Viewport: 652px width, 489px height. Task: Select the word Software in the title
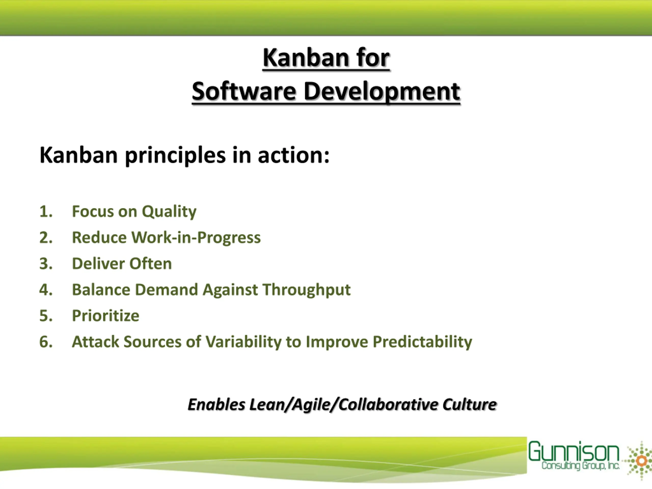pos(244,91)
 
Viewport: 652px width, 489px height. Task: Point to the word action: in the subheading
pos(294,155)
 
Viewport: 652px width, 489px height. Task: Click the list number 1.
pos(46,211)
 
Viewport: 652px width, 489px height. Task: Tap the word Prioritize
pos(105,316)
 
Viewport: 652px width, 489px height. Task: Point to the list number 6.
pos(46,342)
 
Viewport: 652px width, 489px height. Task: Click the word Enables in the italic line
pos(216,404)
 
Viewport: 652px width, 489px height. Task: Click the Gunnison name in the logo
pos(573,451)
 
